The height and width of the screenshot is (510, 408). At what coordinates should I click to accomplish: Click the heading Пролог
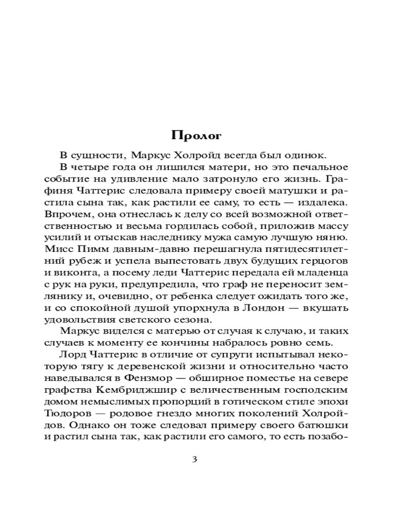coord(196,136)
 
